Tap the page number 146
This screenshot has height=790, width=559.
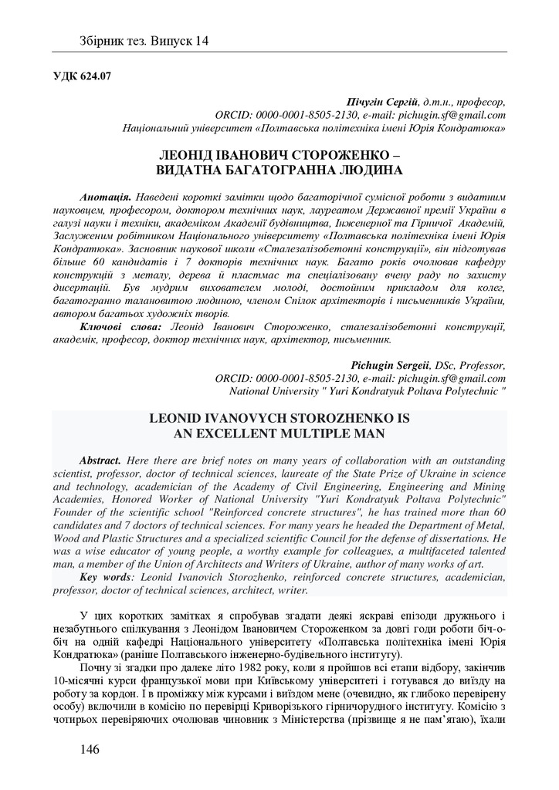click(x=90, y=749)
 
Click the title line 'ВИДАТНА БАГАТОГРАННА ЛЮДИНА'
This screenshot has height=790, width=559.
click(x=279, y=168)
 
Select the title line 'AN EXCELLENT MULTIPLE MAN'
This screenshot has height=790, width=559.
click(x=279, y=433)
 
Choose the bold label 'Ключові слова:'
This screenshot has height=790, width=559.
click(x=117, y=327)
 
